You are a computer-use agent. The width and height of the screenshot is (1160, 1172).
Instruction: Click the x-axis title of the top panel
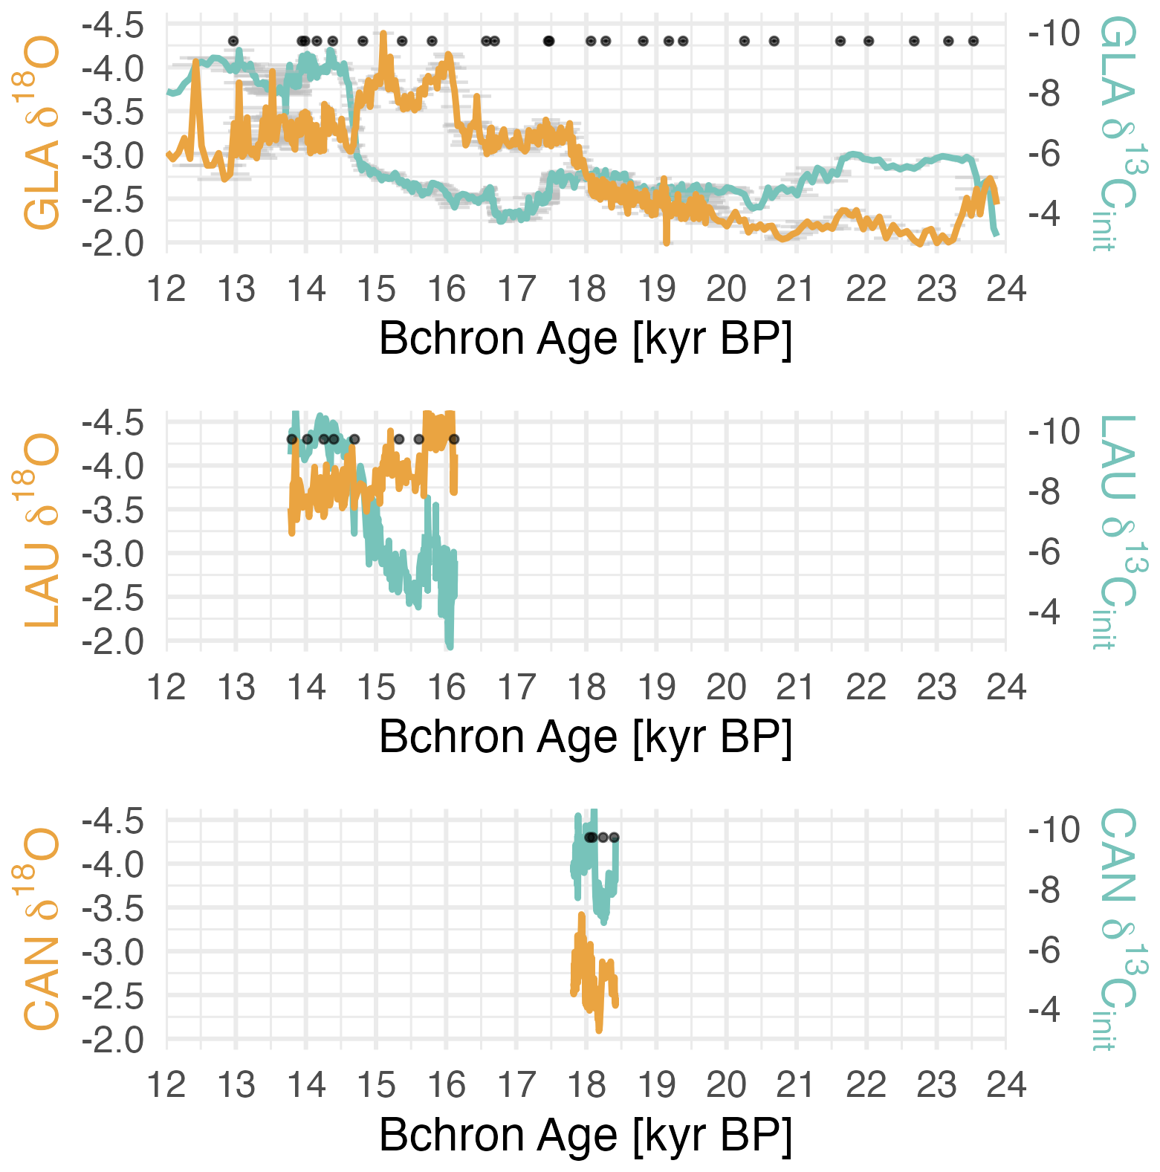586,339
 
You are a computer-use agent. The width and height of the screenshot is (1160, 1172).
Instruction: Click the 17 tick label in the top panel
516,289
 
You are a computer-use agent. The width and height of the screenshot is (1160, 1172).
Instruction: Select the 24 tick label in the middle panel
1006,687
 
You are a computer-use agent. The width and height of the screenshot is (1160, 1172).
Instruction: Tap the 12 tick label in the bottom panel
166,1085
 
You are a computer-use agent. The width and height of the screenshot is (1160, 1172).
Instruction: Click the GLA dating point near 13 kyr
233,41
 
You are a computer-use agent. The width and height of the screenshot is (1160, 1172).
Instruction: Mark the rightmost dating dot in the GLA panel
973,41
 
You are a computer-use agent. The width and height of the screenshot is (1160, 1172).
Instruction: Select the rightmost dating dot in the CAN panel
615,838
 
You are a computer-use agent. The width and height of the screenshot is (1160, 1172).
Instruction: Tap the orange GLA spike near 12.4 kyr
196,62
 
